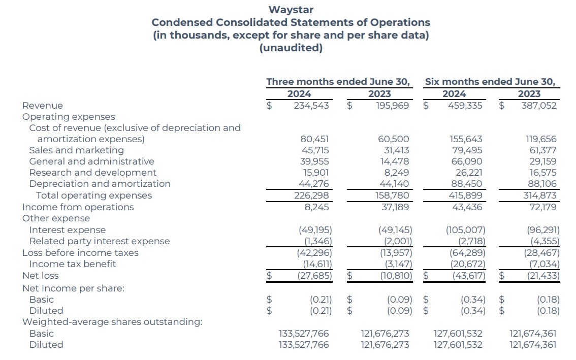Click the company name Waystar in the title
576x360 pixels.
(x=291, y=10)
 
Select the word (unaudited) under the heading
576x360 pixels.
(x=291, y=48)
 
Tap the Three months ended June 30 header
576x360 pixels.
(x=338, y=82)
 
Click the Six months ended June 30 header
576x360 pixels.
(x=490, y=82)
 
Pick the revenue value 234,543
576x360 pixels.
(x=311, y=106)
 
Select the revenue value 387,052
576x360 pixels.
(x=538, y=106)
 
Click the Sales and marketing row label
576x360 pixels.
(x=76, y=150)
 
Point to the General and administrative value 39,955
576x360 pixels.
(x=315, y=161)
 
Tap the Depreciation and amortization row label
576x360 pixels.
(x=100, y=184)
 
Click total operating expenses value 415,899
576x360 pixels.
(x=466, y=195)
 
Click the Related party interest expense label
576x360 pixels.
(x=99, y=241)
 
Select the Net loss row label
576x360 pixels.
(x=40, y=276)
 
